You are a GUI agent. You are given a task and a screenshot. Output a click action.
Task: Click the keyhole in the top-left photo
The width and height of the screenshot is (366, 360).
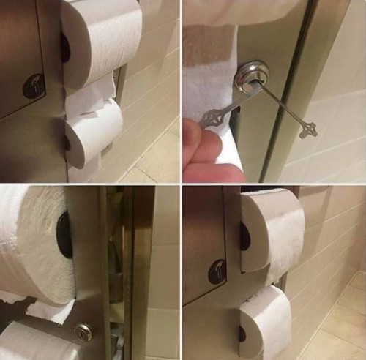pos(33,86)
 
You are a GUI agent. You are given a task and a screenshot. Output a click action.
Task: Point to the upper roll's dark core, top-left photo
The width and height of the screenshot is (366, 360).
pos(65,48)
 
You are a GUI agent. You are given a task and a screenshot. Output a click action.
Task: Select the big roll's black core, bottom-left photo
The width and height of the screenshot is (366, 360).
pos(64,235)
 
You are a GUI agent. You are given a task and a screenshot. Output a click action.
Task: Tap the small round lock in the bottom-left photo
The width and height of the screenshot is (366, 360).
pos(83,333)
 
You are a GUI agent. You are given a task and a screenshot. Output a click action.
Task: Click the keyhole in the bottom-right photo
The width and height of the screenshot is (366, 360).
pos(217,271)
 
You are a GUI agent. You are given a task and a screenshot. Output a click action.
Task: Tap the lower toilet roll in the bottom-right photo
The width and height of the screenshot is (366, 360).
pos(267,322)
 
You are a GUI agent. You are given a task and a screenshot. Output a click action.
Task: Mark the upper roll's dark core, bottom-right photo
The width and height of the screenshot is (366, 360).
pos(244,236)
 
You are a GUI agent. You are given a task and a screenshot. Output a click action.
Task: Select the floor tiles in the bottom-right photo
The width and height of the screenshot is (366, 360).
pos(337,329)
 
